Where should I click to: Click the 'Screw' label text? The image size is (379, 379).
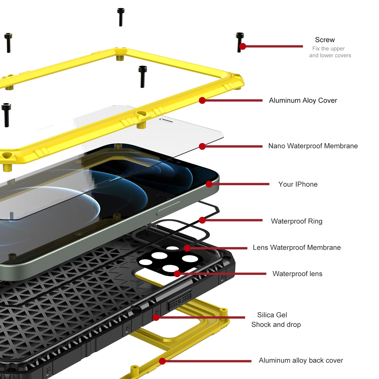pos(325,40)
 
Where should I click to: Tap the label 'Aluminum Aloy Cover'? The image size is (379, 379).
pos(303,100)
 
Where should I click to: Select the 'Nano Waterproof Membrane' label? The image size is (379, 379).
pos(313,146)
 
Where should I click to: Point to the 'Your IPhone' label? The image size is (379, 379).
pos(298,184)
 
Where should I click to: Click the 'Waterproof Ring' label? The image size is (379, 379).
pos(297,221)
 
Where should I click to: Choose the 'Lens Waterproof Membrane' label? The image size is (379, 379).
pos(297,247)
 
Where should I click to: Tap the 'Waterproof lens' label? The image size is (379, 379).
pos(297,274)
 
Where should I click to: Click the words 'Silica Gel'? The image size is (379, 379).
pos(272,315)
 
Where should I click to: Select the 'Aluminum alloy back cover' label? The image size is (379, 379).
pos(301,360)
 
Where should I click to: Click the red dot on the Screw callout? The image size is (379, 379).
pos(243,46)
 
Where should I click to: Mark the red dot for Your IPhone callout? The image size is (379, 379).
pos(209,184)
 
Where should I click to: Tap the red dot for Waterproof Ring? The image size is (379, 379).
pos(202,220)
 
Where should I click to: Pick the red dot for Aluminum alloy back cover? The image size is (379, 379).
pos(162,361)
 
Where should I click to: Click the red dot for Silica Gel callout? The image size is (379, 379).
pos(156,317)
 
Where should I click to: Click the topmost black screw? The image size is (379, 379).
pos(121,17)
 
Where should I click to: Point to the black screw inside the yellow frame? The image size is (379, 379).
pos(142,77)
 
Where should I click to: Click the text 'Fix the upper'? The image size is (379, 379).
pos(328,49)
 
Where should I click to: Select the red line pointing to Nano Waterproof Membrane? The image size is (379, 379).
pos(233,146)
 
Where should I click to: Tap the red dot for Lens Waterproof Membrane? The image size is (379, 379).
pos(187,248)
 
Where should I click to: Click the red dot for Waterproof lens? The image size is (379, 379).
pos(177,274)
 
